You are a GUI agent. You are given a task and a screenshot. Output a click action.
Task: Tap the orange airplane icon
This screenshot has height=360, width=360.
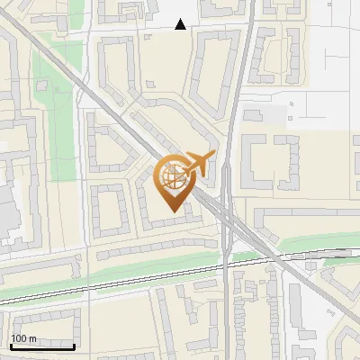pos(199,166)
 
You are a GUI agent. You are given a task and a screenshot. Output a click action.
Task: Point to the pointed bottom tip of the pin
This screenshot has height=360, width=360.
pos(173,210)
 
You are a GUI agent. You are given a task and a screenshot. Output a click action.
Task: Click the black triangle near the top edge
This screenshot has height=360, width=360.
pos(181,24)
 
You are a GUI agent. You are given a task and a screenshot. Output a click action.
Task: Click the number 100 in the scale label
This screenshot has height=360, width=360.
pos(18,338)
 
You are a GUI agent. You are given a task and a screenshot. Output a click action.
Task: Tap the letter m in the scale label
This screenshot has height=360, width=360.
pos(32,338)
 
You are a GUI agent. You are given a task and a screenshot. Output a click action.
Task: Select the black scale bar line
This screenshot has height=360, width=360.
pos(42,346)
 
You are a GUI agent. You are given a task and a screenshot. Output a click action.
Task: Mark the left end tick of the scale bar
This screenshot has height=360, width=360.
pos(11,345)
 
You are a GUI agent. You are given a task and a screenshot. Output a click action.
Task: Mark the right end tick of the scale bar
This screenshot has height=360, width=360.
pos(74,345)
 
